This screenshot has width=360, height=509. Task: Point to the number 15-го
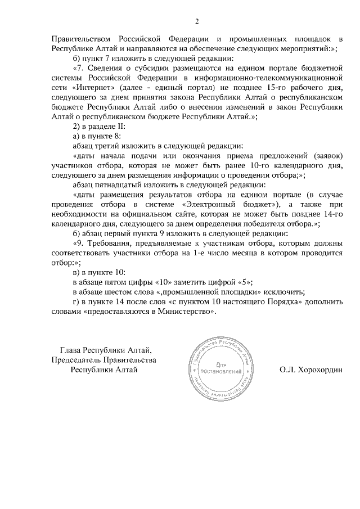(269, 88)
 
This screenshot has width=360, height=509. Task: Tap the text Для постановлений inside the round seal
(219, 369)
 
